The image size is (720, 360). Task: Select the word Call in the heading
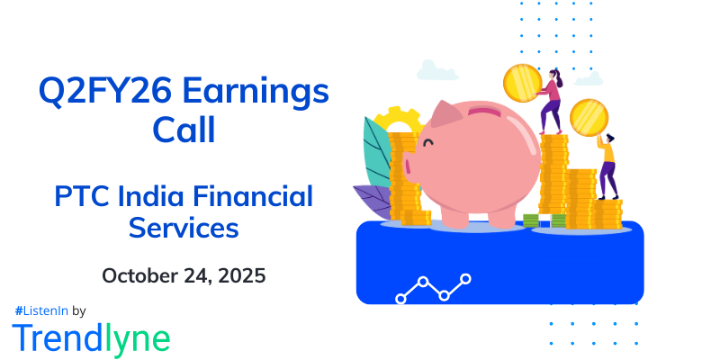point(184,130)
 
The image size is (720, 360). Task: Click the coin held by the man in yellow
point(589,117)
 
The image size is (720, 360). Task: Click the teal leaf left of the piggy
point(376,153)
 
